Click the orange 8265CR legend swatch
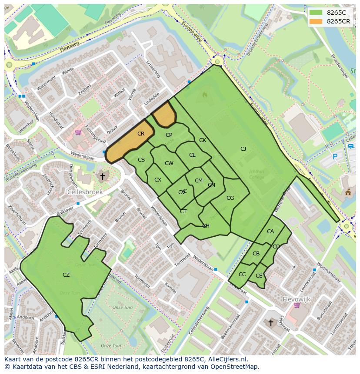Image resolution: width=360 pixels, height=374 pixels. (316, 21)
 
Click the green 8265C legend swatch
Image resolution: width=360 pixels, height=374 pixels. (316, 13)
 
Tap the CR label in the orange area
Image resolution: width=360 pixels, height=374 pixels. (141, 134)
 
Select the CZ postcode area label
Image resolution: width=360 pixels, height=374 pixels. (66, 275)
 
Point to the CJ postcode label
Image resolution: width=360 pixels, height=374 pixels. (243, 149)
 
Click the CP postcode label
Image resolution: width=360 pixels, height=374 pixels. (169, 135)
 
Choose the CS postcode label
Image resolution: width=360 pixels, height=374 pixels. (141, 160)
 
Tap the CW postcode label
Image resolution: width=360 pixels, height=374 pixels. (169, 163)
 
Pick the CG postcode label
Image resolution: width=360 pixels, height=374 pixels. (230, 198)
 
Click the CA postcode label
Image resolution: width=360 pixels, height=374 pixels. (270, 232)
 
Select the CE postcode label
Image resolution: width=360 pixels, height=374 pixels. (259, 276)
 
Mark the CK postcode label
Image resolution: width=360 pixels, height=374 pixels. (202, 140)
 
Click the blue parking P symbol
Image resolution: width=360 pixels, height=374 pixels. (335, 156)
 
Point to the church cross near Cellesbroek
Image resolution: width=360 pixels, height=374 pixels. (103, 176)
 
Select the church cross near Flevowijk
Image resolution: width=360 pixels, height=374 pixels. (270, 322)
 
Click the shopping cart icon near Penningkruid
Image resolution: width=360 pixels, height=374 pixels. (78, 132)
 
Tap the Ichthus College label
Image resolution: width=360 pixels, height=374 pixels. (257, 174)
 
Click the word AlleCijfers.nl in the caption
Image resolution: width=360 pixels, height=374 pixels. (226, 359)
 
